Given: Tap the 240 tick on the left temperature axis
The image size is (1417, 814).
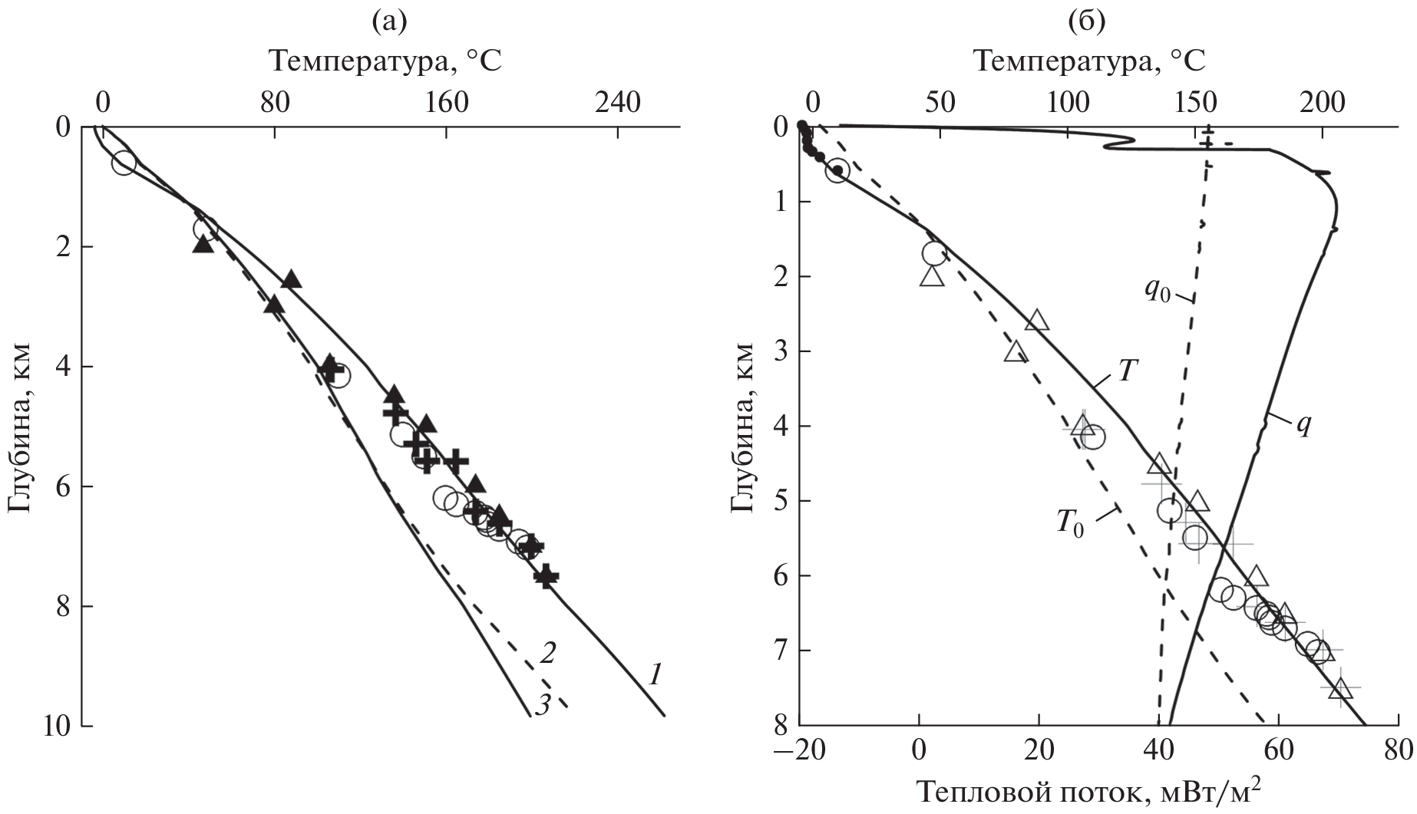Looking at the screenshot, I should tap(619, 102).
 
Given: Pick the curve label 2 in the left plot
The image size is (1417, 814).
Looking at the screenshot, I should tap(547, 654).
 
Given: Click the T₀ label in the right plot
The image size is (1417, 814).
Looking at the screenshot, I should tap(1069, 524).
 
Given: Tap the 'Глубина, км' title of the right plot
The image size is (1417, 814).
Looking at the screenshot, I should tap(740, 426).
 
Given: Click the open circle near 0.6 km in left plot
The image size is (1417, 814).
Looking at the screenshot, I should tap(124, 163).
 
